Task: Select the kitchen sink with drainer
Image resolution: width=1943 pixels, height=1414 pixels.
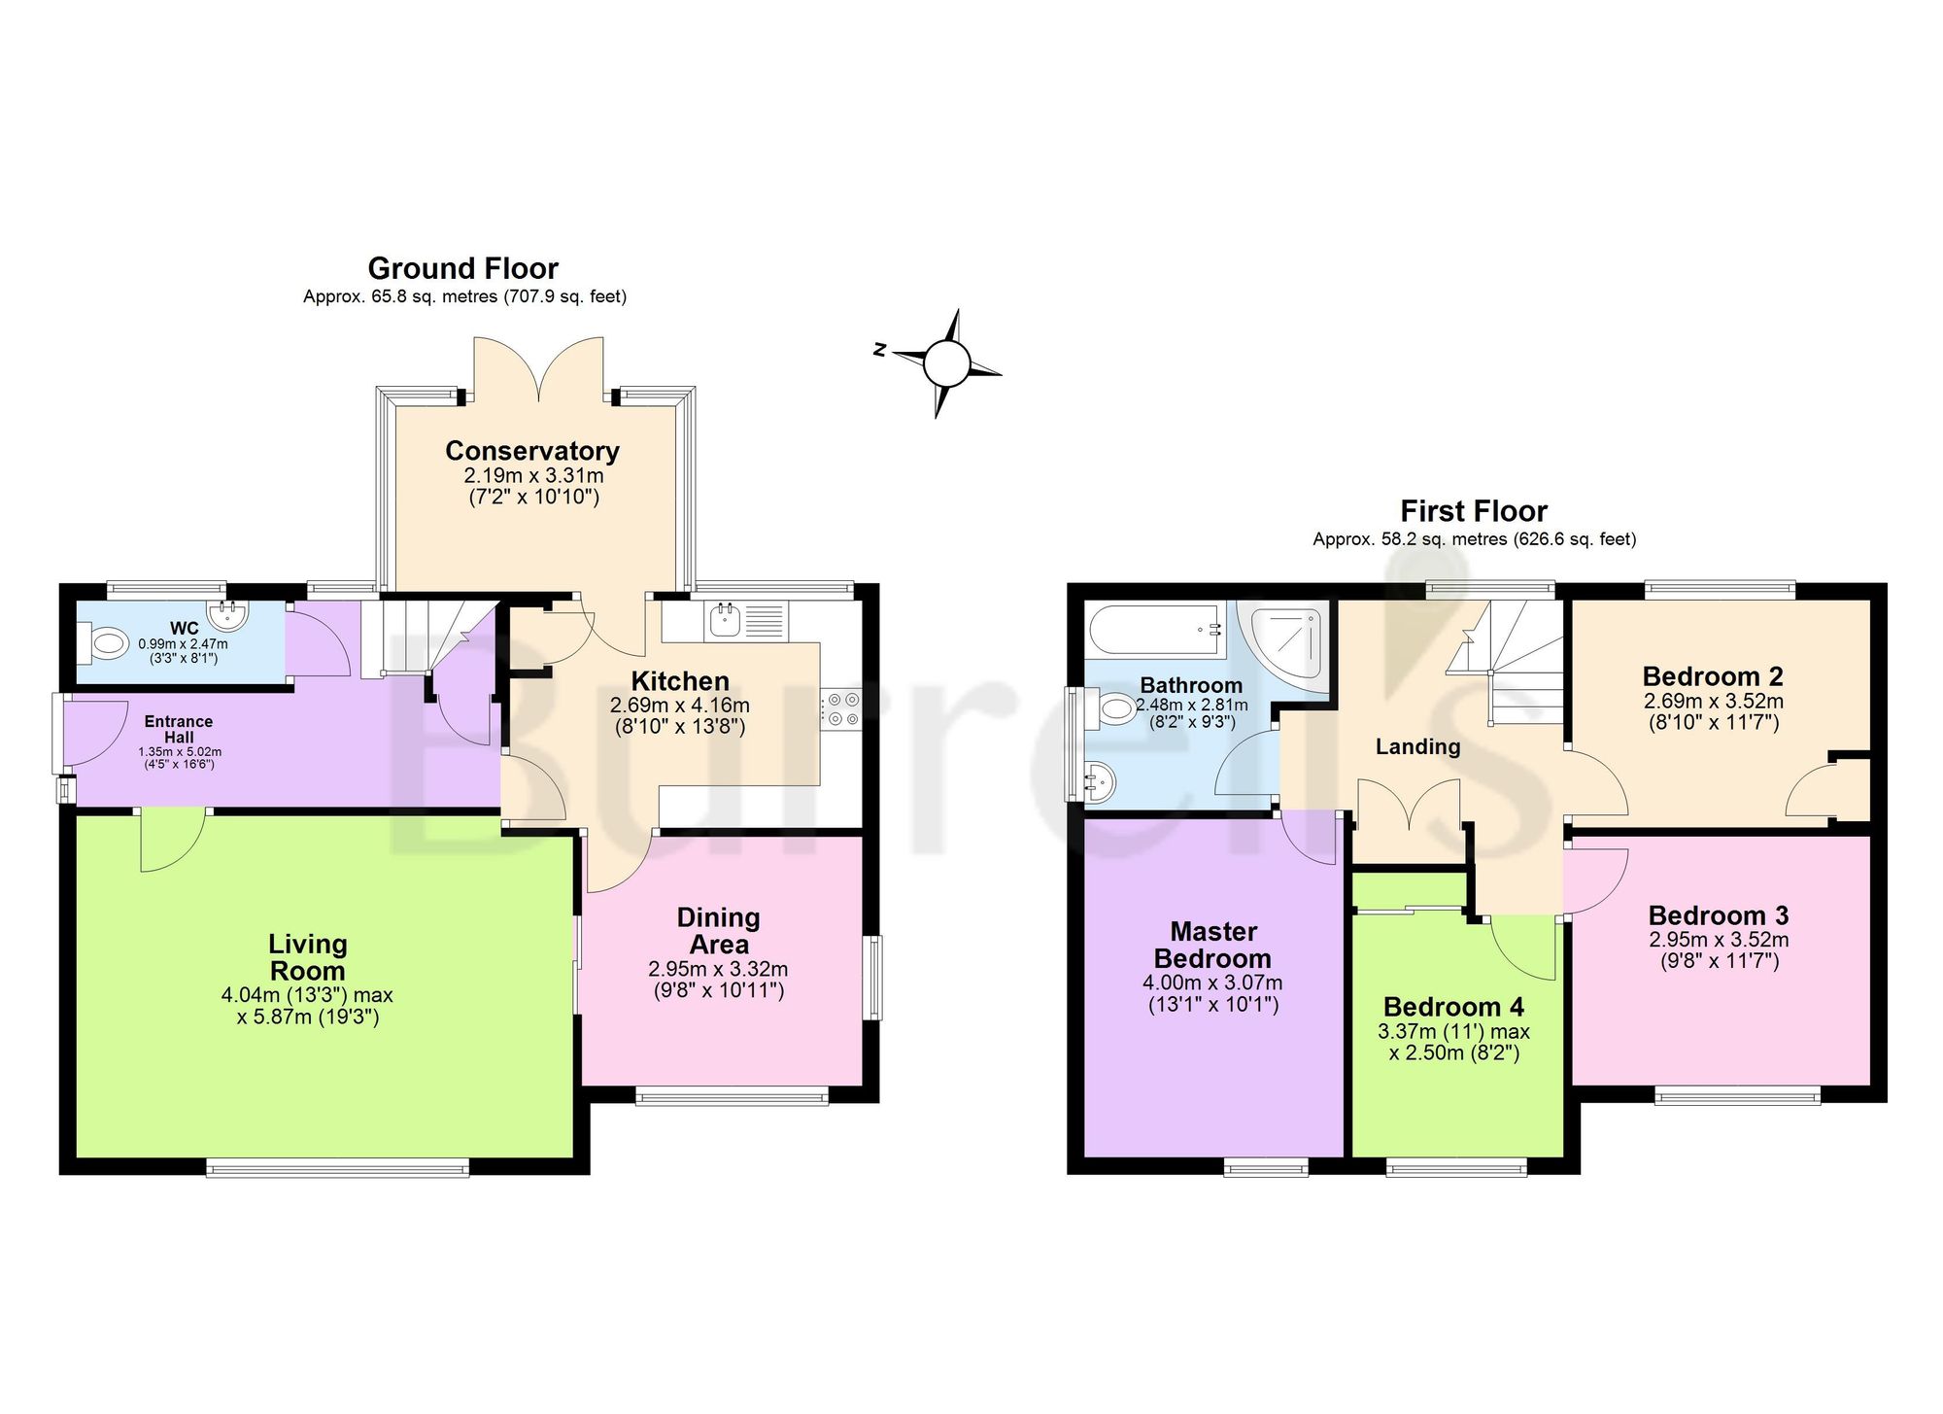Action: pos(748,620)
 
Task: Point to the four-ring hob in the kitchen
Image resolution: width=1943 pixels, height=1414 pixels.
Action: pos(842,708)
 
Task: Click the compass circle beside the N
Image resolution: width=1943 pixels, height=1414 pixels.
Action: pos(946,364)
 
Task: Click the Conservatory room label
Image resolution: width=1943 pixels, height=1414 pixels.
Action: pos(532,451)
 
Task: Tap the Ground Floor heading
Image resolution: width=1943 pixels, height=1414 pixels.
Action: pos(463,268)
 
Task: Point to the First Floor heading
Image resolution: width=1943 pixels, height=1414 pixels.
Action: pos(1474,511)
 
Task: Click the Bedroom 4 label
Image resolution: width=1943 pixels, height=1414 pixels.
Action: pos(1453,1007)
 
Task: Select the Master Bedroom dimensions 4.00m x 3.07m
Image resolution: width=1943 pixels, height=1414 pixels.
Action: pos(1212,983)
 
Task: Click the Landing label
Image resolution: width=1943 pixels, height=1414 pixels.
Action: pos(1418,747)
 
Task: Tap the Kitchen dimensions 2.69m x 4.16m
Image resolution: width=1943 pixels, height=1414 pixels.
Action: pos(680,706)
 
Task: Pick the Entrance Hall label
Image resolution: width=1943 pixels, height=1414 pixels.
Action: pos(179,729)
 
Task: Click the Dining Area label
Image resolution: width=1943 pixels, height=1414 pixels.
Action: pos(719,931)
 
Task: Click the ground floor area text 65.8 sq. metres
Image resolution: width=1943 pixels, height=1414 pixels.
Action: pos(436,296)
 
